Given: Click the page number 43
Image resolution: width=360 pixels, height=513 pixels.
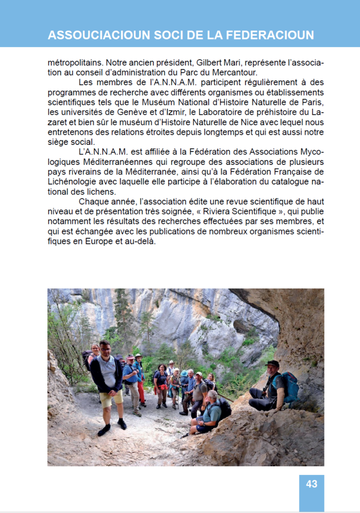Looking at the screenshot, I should pos(311,484).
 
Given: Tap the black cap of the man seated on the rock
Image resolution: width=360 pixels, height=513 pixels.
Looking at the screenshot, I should pos(272,363).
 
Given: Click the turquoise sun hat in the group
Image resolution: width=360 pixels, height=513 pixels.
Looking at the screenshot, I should pos(184,373).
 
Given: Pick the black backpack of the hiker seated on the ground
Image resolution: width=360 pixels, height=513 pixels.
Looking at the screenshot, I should pos(224,409).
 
